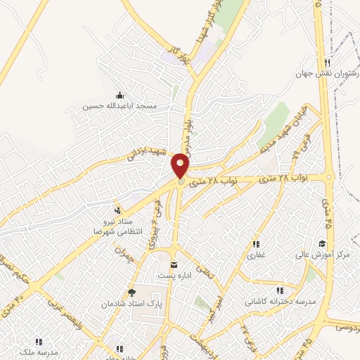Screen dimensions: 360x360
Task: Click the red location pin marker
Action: pos(181,166)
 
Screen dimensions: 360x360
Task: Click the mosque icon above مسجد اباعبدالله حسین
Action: pos(118,96)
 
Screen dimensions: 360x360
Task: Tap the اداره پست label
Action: pos(173,275)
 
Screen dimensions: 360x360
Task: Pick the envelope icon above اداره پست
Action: pos(174,264)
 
